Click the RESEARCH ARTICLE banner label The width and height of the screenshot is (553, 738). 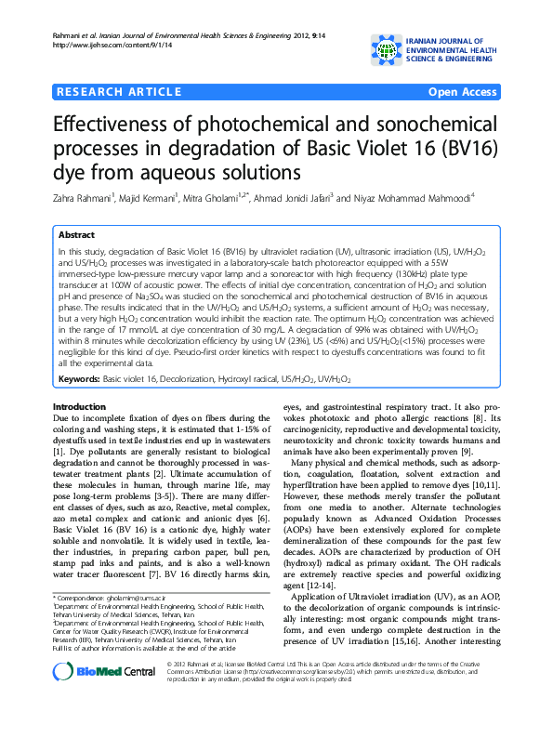pos(118,92)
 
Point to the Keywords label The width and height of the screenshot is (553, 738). pos(78,379)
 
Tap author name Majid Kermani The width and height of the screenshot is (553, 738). pos(147,197)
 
